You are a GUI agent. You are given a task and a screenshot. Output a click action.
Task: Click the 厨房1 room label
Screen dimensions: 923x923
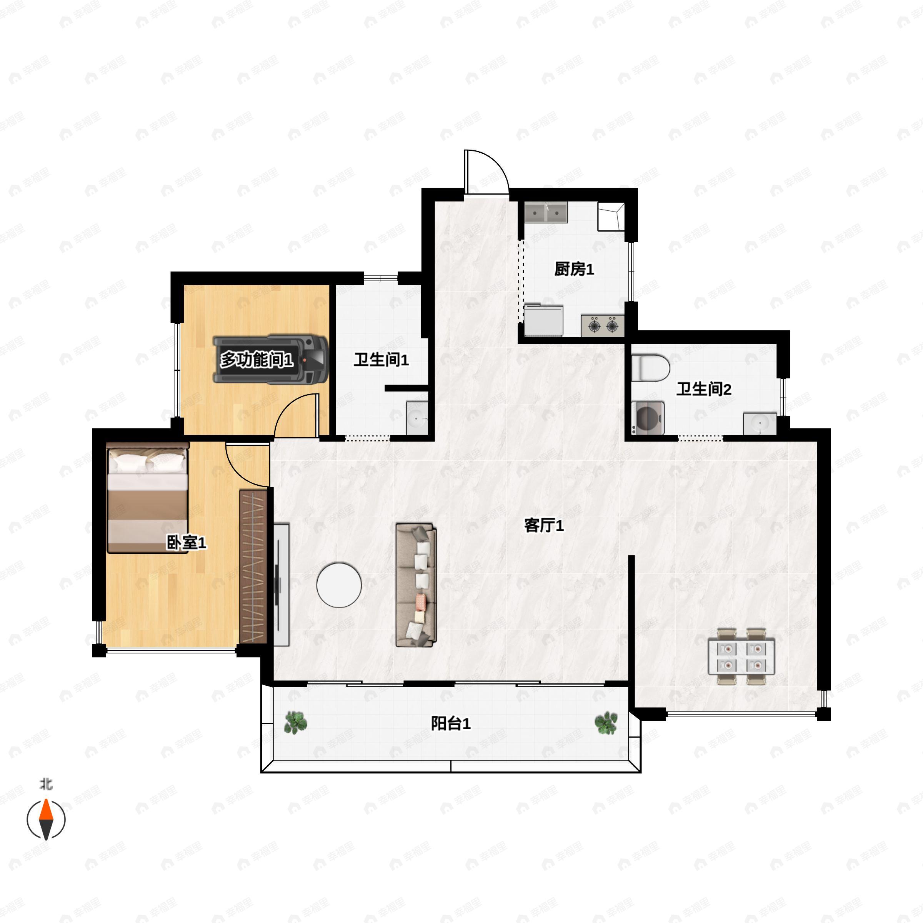(x=574, y=270)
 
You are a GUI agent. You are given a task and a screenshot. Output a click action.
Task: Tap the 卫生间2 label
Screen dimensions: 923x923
(x=703, y=389)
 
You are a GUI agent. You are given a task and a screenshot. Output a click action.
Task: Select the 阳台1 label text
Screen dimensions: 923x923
(x=450, y=723)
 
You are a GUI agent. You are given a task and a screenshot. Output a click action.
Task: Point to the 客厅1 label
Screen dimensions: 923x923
(x=544, y=525)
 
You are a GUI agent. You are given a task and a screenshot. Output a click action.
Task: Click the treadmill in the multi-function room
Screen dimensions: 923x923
(x=270, y=359)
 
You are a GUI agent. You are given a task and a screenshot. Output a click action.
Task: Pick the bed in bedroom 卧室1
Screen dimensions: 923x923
(x=148, y=497)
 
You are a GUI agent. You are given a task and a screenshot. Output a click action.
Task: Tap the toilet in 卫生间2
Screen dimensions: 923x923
(x=650, y=367)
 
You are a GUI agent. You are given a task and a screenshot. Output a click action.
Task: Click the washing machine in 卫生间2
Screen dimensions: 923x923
(x=648, y=418)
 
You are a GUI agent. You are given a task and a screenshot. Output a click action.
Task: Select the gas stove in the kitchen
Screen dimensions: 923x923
(x=602, y=326)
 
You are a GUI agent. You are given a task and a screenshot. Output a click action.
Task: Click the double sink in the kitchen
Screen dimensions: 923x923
(x=546, y=212)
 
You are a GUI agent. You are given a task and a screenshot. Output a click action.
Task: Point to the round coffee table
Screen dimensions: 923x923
(x=339, y=584)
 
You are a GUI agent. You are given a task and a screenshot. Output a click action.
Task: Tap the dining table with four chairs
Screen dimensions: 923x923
(x=741, y=657)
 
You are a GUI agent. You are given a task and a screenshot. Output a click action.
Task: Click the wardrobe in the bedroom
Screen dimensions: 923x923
(x=253, y=566)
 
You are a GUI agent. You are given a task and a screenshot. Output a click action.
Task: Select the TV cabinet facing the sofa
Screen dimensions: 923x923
(x=282, y=585)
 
